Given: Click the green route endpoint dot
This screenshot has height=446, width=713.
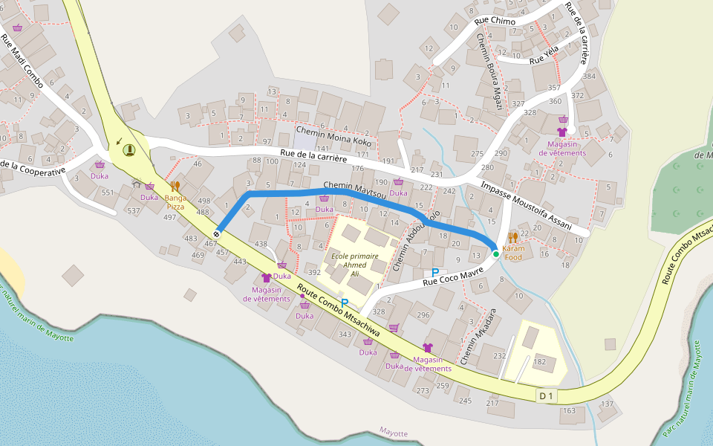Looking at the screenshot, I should click(496, 254).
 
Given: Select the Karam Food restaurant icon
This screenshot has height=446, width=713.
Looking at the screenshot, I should click(513, 238).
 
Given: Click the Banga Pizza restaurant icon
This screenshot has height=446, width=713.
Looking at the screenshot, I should click(175, 187).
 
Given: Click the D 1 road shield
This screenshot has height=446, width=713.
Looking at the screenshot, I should click(547, 396).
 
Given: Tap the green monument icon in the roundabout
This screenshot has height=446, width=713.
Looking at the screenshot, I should click(130, 150).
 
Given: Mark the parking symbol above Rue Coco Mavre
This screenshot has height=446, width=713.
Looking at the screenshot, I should click(435, 273).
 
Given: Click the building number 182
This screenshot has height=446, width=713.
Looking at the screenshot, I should click(540, 362).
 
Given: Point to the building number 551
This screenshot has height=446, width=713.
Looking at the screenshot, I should click(108, 193).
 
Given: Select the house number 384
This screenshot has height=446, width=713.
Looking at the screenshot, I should click(590, 77).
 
